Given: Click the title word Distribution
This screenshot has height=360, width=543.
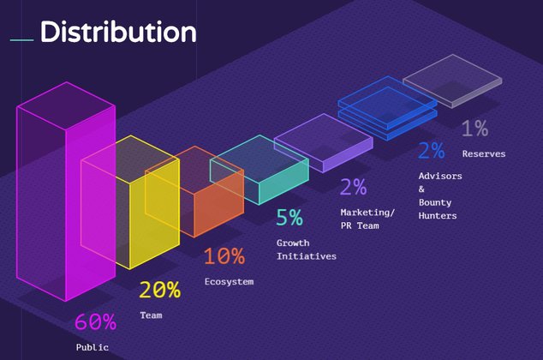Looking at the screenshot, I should (118, 33).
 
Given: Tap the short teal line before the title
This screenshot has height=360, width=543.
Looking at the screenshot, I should (21, 39).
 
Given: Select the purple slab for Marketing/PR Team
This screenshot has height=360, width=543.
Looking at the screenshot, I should (323, 144).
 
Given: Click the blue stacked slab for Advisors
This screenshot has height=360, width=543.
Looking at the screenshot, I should (387, 108).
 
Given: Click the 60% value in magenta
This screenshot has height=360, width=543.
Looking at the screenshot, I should (95, 322).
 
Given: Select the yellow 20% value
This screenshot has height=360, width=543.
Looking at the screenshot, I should (159, 290).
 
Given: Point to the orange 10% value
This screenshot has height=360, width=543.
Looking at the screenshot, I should (224, 256).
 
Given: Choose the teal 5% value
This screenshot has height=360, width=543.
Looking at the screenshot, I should (289, 217).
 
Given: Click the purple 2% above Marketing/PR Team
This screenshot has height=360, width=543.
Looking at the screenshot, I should (353, 186).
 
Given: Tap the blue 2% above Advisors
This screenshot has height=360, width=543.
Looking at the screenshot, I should (431, 151).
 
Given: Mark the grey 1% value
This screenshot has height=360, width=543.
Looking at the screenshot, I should (474, 129).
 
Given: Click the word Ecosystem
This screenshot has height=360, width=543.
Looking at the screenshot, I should (229, 282).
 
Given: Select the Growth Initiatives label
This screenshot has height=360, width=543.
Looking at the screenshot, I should (306, 249).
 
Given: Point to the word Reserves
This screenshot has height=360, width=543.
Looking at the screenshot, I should (483, 154).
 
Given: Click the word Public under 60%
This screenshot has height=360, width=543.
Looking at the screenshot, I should (92, 347).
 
